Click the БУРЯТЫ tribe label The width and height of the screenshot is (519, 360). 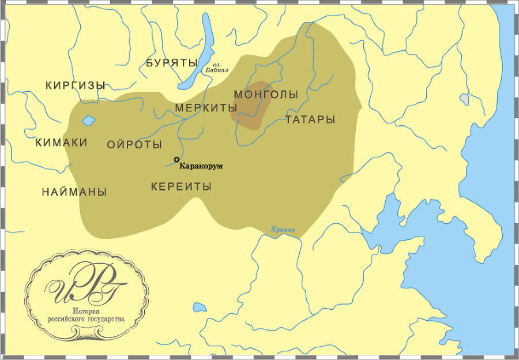[172, 63]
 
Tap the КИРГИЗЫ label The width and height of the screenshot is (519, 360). [75, 85]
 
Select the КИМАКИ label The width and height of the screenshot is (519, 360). [61, 142]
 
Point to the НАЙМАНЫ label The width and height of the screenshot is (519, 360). [74, 192]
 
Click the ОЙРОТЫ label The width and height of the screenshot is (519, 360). [134, 145]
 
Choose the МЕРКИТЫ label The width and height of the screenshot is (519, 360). [206, 108]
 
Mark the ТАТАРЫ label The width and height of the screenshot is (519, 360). [310, 119]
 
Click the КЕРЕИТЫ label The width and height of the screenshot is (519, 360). [181, 187]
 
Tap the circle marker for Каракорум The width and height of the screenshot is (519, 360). [176, 159]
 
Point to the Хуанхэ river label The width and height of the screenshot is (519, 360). [283, 230]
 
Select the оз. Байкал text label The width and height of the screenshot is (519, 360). [220, 68]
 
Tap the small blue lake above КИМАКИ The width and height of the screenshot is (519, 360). [89, 121]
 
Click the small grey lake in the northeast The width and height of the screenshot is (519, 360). [464, 99]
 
